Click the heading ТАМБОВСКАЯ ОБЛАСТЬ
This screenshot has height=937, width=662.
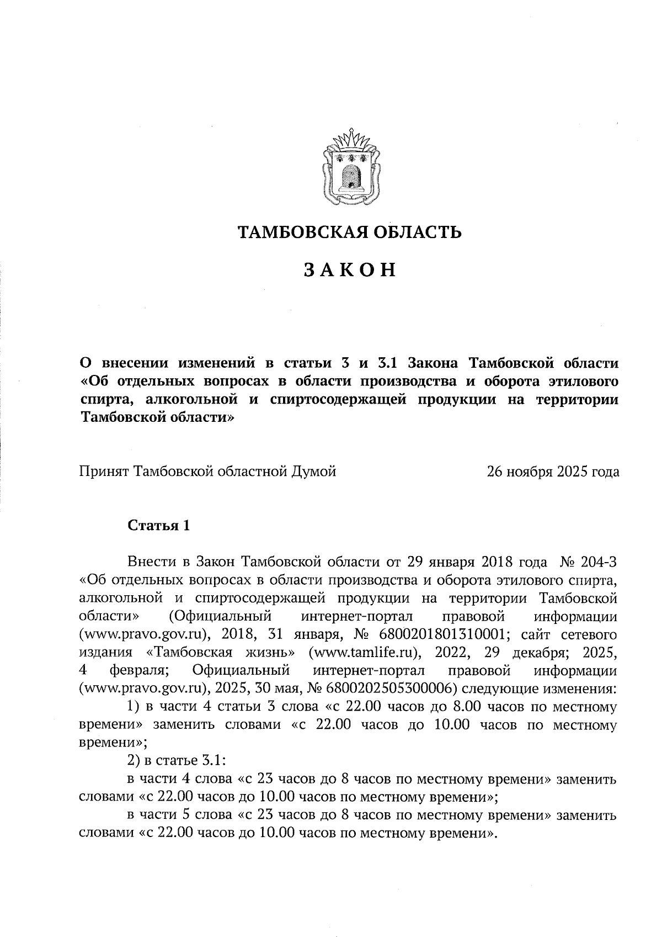(350, 232)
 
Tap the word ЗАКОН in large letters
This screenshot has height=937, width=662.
(350, 270)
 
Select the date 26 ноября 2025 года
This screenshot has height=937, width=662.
(553, 472)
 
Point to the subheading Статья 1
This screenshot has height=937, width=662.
(159, 526)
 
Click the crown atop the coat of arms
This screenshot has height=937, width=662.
(350, 140)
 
